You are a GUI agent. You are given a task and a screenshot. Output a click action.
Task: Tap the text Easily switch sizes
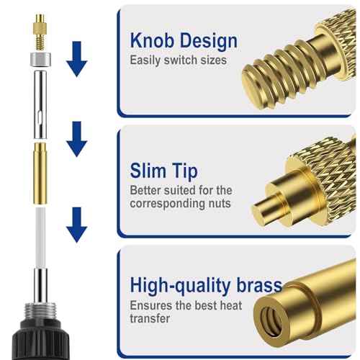[x=178, y=60]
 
